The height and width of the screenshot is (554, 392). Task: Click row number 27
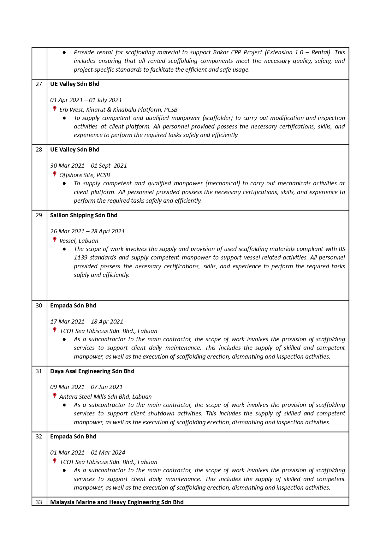coord(39,84)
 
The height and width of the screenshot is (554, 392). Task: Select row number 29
coord(39,215)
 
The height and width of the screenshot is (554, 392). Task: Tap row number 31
coord(39,371)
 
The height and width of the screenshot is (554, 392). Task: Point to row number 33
coord(39,502)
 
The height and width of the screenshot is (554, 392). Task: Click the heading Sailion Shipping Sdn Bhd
coord(84,215)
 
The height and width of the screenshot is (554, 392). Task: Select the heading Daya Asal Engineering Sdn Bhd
coord(92,371)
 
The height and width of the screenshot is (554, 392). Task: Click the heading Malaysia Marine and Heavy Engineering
coord(117,502)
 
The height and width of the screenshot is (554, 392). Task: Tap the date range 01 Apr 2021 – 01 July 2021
coord(86,100)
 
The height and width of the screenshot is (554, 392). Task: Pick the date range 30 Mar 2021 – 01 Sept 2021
coord(88,166)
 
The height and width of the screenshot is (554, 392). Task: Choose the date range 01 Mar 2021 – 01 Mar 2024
coord(87,453)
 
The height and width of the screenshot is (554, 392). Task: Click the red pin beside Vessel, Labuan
coord(55,240)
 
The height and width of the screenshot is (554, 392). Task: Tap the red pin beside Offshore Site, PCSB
coord(55,174)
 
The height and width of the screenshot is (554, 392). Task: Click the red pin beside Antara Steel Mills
coord(55,396)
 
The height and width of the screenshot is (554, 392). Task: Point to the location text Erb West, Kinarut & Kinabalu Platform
coord(118,110)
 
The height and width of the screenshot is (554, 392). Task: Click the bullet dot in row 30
coord(64,340)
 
